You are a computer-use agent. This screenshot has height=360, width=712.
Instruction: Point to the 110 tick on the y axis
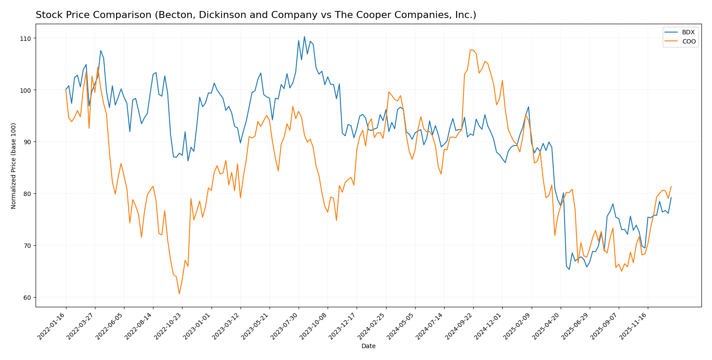click(x=27, y=39)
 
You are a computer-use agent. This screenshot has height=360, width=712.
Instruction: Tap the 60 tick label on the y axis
click(x=27, y=298)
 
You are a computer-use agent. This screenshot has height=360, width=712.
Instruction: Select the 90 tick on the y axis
click(x=27, y=142)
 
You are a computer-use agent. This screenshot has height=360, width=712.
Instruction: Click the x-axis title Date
click(x=368, y=346)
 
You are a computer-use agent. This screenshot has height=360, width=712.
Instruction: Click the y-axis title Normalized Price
click(x=14, y=166)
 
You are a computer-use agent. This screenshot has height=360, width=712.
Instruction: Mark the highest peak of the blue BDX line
click(x=304, y=36)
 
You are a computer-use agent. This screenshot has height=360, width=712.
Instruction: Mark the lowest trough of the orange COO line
click(x=179, y=294)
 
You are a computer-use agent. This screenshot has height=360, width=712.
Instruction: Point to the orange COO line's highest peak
click(x=471, y=50)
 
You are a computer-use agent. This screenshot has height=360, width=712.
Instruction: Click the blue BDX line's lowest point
click(x=569, y=269)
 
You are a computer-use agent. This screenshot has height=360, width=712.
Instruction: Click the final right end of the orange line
click(x=671, y=186)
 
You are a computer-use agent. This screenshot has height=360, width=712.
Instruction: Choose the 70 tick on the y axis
click(x=27, y=246)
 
